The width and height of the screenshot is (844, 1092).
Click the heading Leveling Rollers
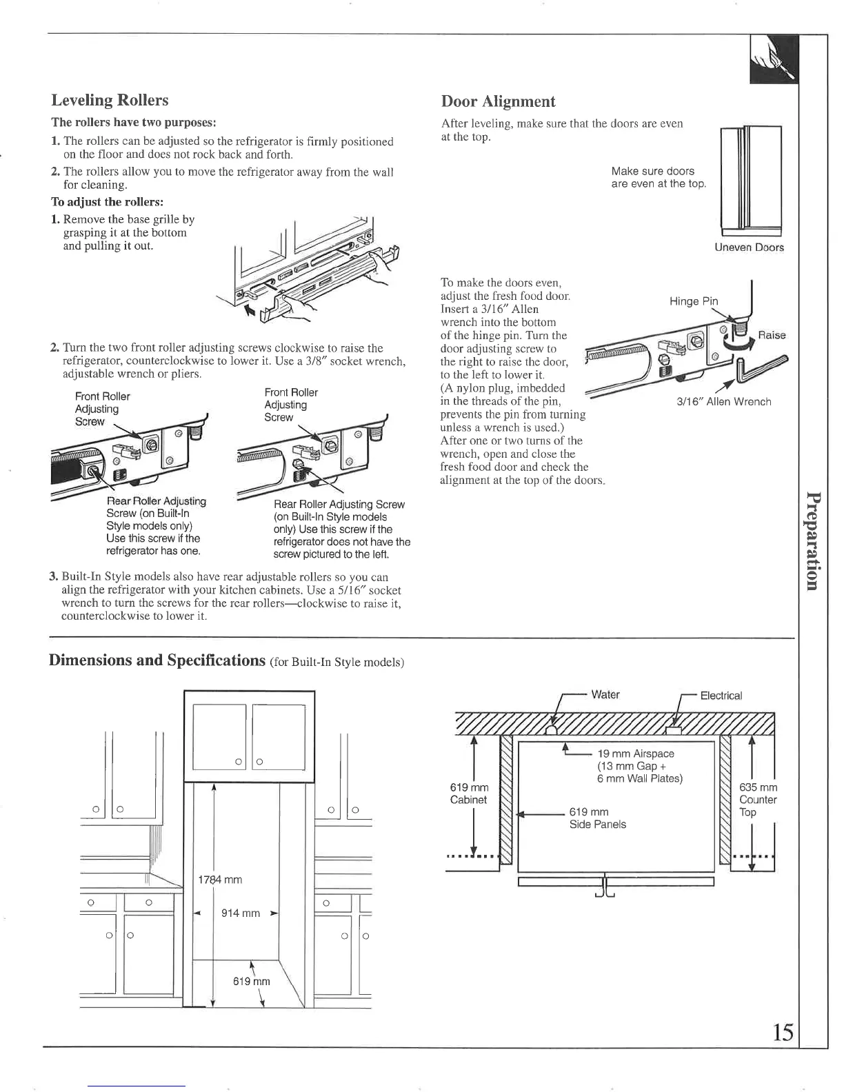(x=110, y=101)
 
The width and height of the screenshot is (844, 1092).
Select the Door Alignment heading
(x=498, y=102)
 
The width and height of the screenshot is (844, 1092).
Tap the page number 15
(x=783, y=1032)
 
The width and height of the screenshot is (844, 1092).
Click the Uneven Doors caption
(x=749, y=247)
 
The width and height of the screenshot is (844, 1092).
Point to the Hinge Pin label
(x=693, y=301)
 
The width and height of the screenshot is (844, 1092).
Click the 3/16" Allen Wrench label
(x=723, y=402)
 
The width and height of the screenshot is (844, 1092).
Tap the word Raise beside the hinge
(x=772, y=335)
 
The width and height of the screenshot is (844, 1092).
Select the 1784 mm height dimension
(x=220, y=880)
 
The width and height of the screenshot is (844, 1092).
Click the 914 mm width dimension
(x=240, y=913)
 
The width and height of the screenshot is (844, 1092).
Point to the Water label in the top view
(x=605, y=695)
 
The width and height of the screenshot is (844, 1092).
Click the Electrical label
(x=721, y=696)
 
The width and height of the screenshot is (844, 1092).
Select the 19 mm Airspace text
(x=635, y=754)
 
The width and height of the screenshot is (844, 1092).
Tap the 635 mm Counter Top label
(x=757, y=800)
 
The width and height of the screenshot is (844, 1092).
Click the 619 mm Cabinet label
(x=469, y=793)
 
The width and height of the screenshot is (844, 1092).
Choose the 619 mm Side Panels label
(x=597, y=818)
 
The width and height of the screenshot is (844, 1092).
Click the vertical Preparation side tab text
(x=813, y=540)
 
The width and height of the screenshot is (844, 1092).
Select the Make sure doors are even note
(x=658, y=177)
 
